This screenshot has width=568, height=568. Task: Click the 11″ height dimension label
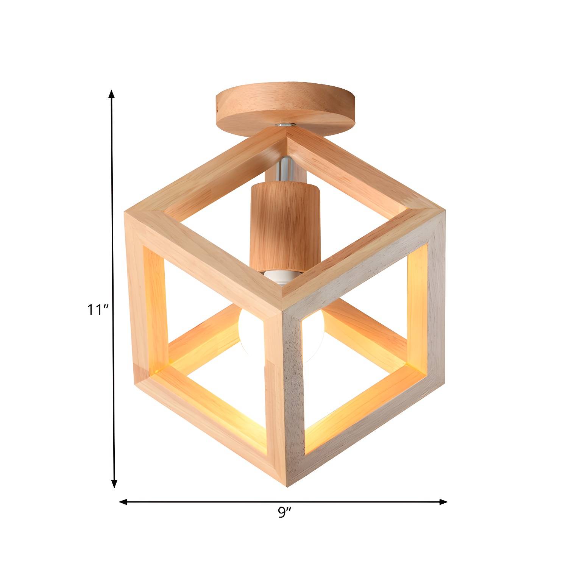click(98, 310)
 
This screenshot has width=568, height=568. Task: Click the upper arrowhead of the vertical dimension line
click(111, 94)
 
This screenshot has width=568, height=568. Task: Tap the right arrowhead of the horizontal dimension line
click(443, 502)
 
